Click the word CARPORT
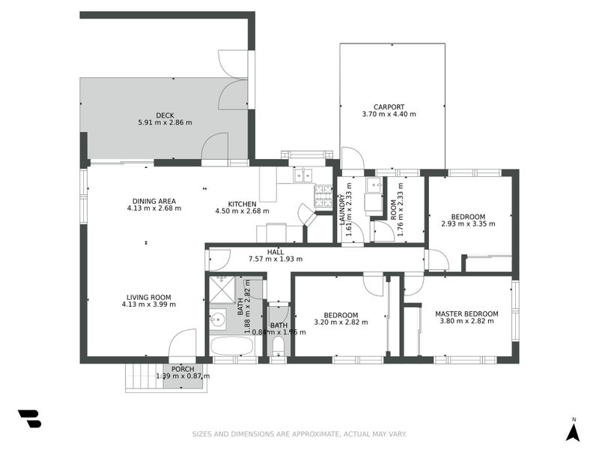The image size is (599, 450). (x=389, y=106)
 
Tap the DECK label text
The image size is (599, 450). (x=165, y=115)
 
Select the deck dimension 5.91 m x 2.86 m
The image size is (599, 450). (x=165, y=123)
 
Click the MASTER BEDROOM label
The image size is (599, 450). (x=469, y=313)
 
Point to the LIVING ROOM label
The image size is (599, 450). (x=148, y=297)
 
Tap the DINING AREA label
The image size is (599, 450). (x=154, y=201)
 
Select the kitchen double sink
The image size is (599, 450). (x=303, y=175)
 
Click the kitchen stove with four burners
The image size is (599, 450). (x=323, y=196)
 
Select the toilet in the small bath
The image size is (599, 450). (x=277, y=346)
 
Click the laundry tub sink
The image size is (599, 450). (x=373, y=200)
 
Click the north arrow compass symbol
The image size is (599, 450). (x=573, y=430)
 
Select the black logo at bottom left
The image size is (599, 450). (x=29, y=418)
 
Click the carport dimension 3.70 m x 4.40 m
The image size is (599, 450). (x=389, y=114)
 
